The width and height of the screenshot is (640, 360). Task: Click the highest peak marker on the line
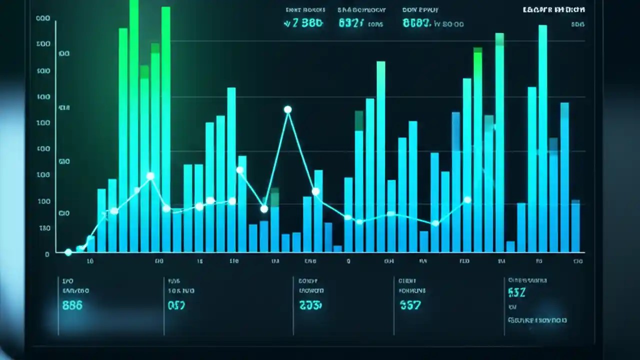point(287,109)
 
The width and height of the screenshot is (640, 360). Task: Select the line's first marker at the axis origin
point(68,252)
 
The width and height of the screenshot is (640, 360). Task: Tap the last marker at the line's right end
point(467,200)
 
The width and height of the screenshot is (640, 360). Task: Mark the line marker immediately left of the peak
point(264,208)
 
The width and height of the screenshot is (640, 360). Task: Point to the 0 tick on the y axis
point(47,254)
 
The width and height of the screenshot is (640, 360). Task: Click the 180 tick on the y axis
point(44,228)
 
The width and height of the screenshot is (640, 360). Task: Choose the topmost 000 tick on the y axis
point(43,18)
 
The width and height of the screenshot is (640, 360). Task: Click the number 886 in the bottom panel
point(72,305)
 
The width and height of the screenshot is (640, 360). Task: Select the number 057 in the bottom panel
point(176,305)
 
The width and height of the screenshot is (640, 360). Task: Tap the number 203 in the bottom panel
point(310,305)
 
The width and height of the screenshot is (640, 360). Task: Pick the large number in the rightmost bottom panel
point(516,292)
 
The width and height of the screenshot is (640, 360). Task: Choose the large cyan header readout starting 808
point(416,23)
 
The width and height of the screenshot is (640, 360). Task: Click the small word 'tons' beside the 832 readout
point(375,24)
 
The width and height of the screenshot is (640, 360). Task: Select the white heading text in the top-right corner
point(554,9)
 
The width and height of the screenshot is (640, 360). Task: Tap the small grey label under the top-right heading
point(577,24)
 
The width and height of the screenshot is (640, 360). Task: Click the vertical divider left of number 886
point(58,305)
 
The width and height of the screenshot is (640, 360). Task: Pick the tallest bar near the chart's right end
point(542,138)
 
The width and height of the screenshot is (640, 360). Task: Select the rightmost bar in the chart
point(575,225)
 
